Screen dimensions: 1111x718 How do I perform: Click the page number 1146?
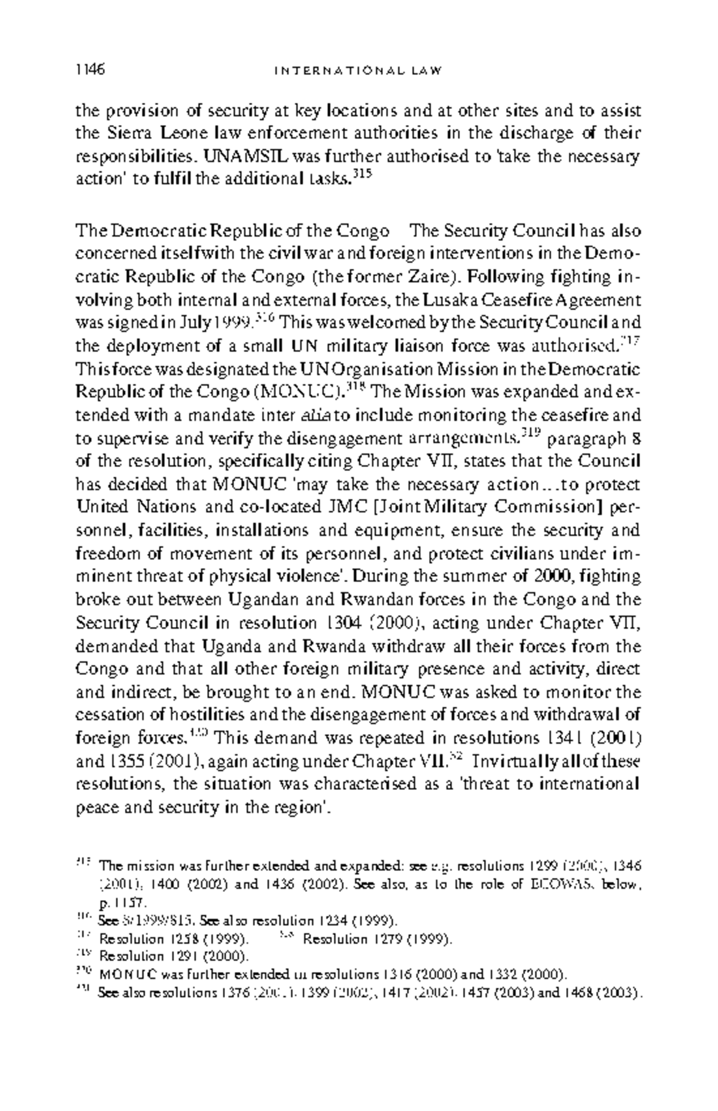point(90,70)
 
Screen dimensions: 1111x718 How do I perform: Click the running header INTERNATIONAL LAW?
point(358,71)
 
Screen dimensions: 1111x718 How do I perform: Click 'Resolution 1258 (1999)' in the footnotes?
point(174,939)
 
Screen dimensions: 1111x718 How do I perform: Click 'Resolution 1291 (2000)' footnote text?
point(174,956)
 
